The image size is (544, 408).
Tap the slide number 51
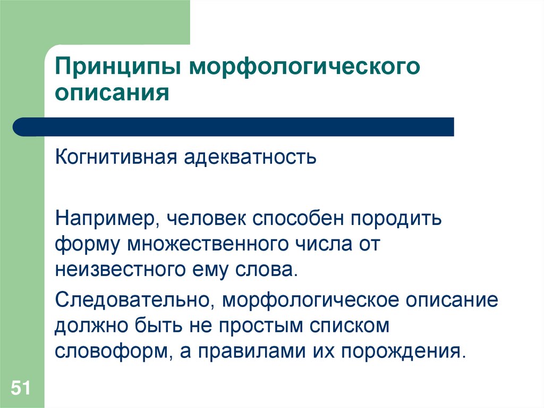coord(22,387)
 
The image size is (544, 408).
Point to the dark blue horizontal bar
coord(234,127)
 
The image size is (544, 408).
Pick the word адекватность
coord(251,157)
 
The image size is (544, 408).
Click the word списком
coord(347,326)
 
